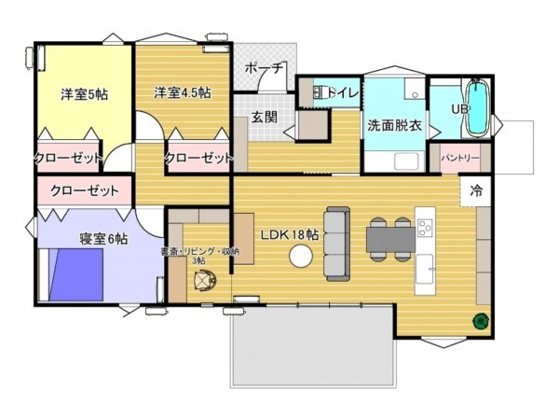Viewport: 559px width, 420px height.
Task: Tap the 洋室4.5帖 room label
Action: [182, 92]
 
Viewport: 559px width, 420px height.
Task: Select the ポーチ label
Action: [264, 69]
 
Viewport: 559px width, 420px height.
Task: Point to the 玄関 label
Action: [264, 118]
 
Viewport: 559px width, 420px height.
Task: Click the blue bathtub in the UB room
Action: [477, 109]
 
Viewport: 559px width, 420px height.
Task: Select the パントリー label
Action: [460, 158]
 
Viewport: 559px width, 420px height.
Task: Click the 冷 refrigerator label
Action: [476, 192]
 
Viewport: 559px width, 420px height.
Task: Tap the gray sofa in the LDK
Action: [335, 244]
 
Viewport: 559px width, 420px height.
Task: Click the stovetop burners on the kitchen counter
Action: [426, 227]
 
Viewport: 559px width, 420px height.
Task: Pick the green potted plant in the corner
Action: [480, 322]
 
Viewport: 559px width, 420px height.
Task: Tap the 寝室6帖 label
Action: [104, 239]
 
